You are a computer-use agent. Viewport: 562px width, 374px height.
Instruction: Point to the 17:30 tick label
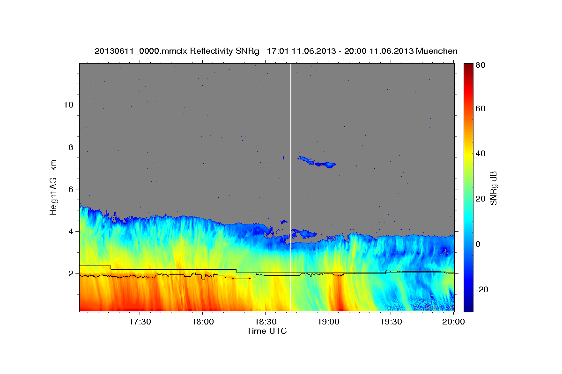140,322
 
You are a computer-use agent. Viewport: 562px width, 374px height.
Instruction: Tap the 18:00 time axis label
203,322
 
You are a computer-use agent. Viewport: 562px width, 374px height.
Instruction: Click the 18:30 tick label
266,322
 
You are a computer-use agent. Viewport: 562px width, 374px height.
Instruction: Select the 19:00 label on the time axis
328,322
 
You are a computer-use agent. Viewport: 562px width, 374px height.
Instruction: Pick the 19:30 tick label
391,322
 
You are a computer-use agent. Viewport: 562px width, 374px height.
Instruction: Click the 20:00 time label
453,322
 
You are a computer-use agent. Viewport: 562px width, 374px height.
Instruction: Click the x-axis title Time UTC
266,331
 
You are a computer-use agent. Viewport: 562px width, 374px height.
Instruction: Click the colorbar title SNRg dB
493,187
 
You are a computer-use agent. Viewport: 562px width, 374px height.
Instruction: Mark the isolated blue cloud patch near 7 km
317,162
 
